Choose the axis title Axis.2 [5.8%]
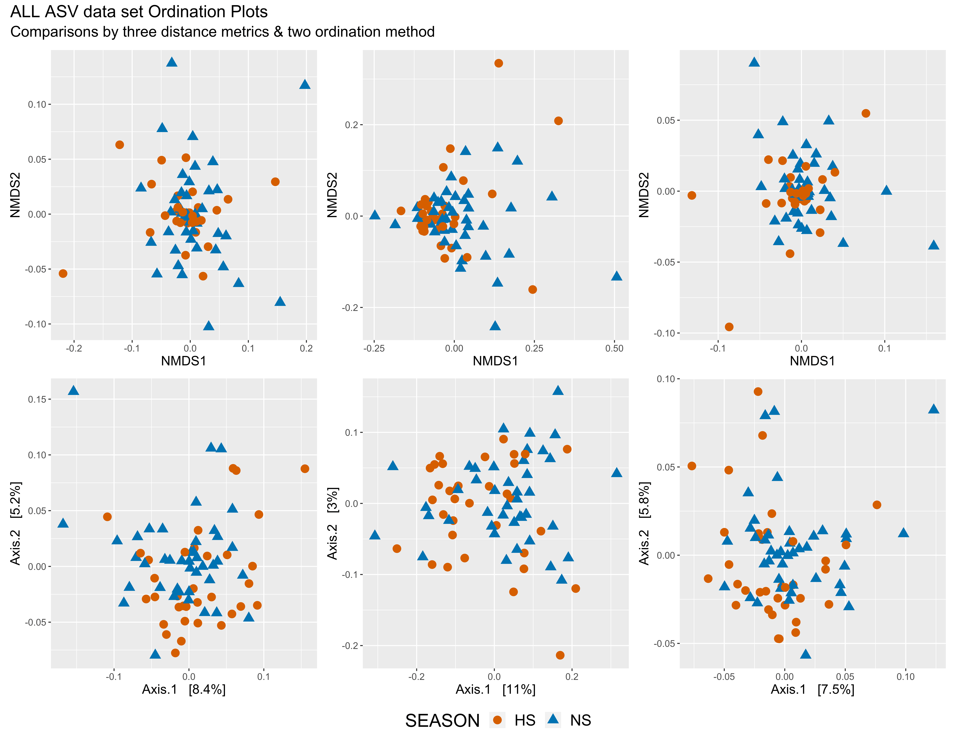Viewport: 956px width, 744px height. click(644, 523)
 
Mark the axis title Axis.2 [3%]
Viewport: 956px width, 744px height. click(332, 523)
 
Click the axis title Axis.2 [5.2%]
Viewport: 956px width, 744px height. click(15, 523)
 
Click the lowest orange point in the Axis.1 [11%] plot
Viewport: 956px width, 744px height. click(560, 655)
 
